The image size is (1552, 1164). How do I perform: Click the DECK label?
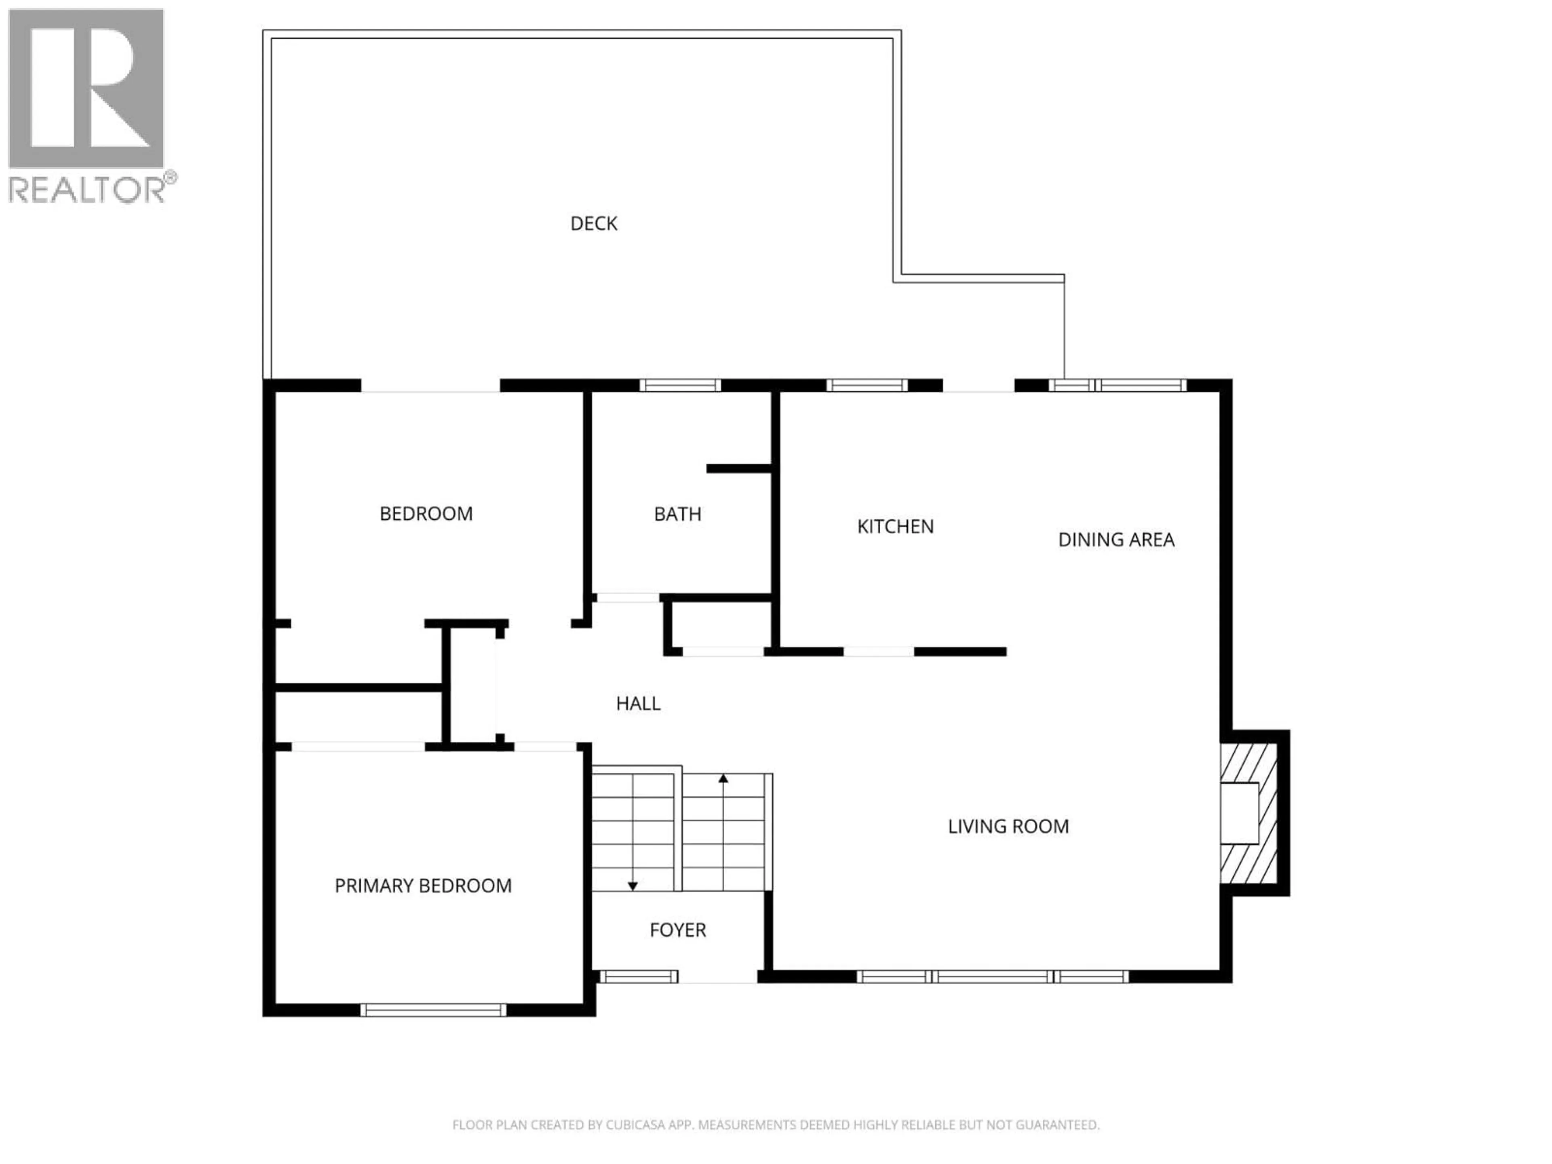[x=594, y=224]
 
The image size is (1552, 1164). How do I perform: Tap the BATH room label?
[x=677, y=514]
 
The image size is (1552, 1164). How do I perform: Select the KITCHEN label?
[x=895, y=527]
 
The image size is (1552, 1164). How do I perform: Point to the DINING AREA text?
[x=1115, y=540]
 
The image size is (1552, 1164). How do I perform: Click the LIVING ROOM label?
[x=1008, y=827]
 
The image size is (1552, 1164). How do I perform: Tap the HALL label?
[x=638, y=704]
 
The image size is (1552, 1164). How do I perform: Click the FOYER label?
[x=677, y=930]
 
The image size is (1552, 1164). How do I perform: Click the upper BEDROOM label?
[x=426, y=514]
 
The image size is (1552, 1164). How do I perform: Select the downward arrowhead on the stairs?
[x=632, y=886]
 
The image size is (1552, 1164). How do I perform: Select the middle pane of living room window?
[x=993, y=976]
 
